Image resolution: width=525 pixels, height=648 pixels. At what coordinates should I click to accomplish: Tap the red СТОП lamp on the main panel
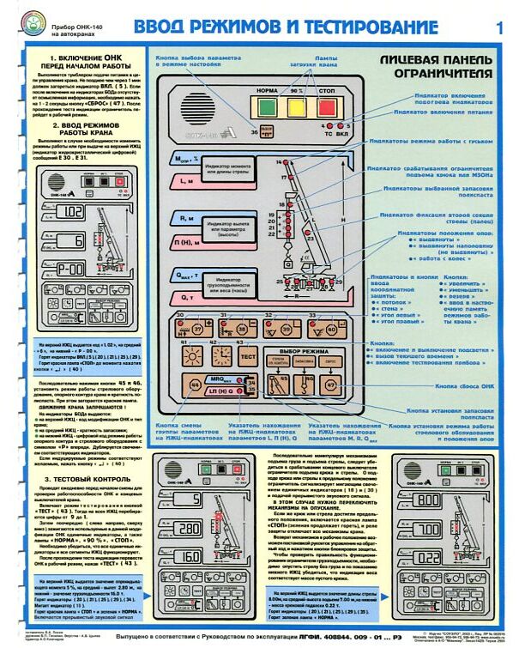(x=327, y=107)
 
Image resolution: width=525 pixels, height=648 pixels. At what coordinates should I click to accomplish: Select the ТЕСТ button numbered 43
(x=248, y=354)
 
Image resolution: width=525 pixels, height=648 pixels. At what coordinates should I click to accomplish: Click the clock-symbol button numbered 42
(x=221, y=354)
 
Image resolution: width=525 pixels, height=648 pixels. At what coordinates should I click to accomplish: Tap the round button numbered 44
(x=195, y=384)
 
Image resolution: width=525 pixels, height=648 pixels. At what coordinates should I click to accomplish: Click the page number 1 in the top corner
(x=500, y=27)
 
